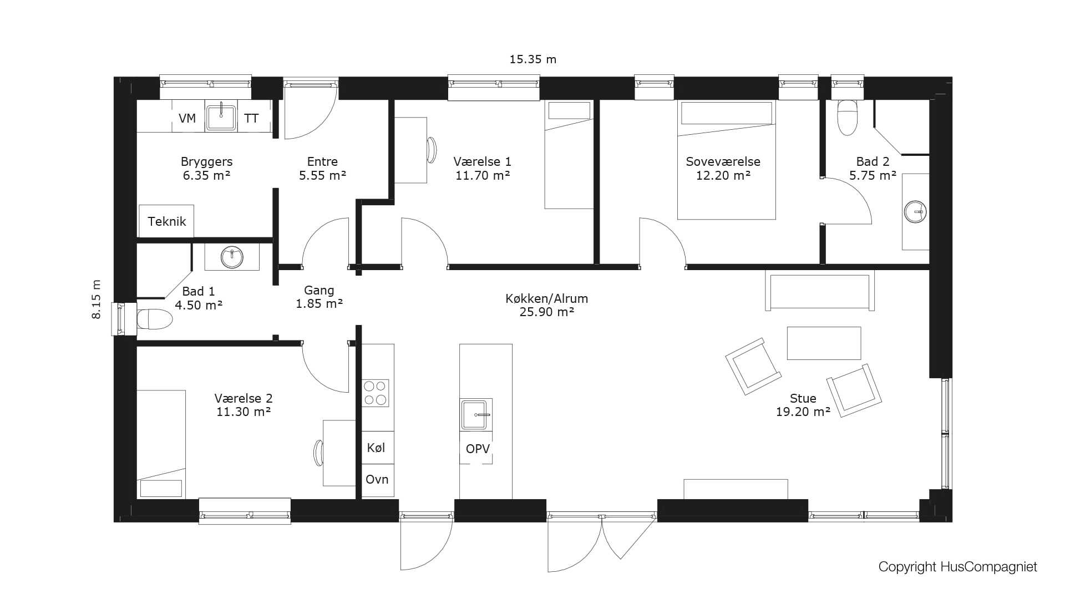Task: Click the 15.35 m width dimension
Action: (x=532, y=59)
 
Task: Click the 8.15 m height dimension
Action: (x=97, y=299)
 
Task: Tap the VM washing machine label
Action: (x=187, y=118)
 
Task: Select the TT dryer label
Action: (x=251, y=118)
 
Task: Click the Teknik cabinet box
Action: (x=166, y=221)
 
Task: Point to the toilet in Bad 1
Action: (x=155, y=319)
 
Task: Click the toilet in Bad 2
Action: (x=847, y=118)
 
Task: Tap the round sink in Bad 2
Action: (x=915, y=212)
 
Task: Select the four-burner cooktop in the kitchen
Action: (x=376, y=393)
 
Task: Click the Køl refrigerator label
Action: (x=376, y=448)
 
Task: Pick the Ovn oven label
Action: (x=377, y=479)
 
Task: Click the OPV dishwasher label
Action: (x=478, y=449)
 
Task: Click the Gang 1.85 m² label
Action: (x=319, y=297)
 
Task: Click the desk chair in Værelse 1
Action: (x=432, y=150)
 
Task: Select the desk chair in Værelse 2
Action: (x=318, y=453)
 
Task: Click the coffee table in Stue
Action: (x=824, y=343)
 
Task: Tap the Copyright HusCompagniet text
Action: (x=957, y=567)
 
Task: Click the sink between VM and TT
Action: (x=221, y=117)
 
